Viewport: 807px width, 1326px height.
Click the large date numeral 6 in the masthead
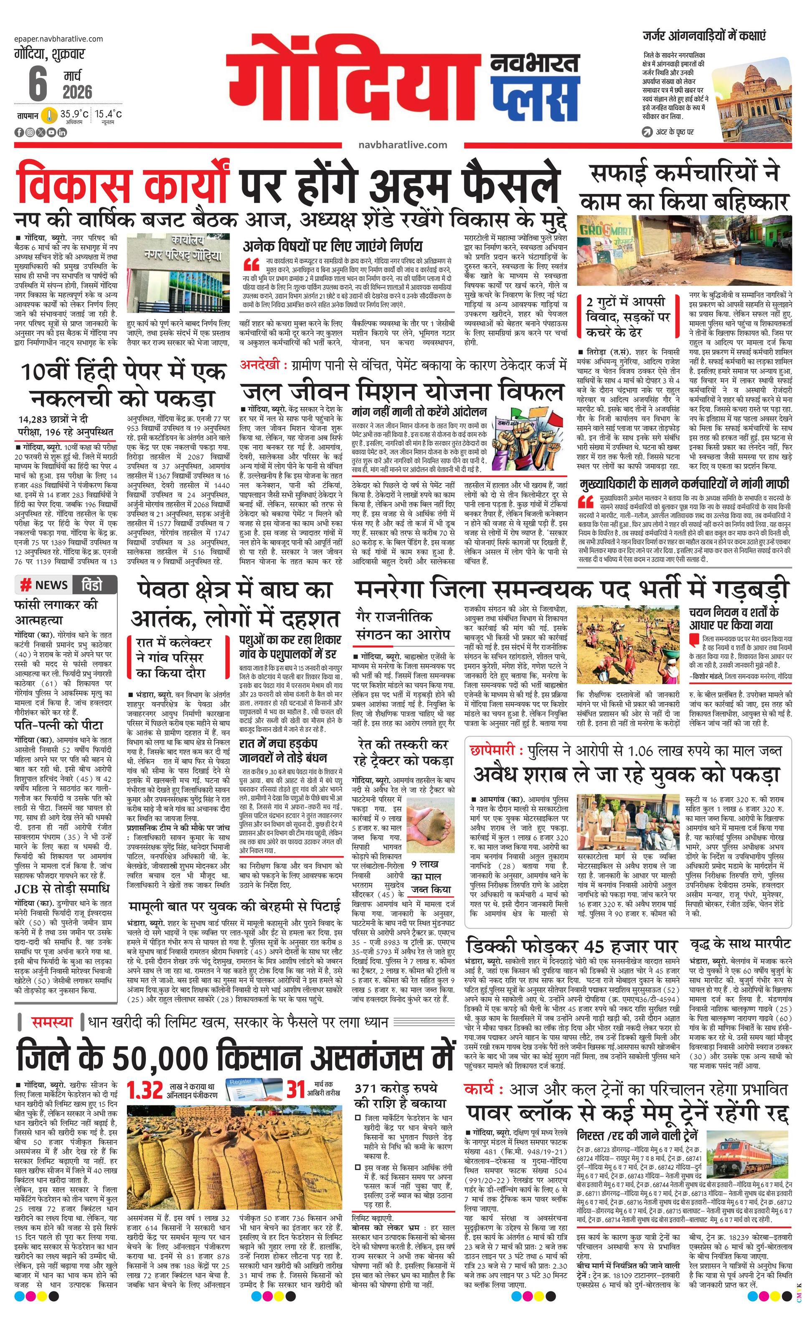(x=37, y=84)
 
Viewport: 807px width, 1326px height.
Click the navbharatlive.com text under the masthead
(x=402, y=145)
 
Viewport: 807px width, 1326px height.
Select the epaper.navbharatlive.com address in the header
(x=59, y=39)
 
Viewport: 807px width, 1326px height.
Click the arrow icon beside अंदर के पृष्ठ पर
(x=647, y=131)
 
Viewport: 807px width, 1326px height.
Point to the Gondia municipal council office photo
(x=179, y=275)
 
